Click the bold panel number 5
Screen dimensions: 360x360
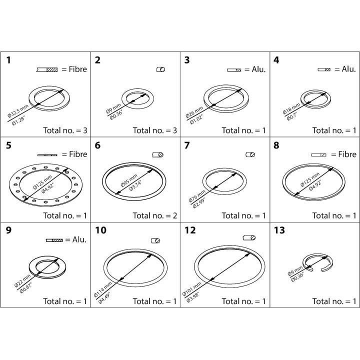point(8,145)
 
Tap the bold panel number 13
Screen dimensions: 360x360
point(279,230)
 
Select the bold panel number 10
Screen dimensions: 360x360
point(100,230)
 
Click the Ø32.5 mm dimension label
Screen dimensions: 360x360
point(18,111)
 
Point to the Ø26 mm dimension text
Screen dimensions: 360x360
point(194,112)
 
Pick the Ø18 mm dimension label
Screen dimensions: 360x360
point(291,108)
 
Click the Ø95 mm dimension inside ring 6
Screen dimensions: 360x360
point(129,180)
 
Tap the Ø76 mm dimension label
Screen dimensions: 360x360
point(197,196)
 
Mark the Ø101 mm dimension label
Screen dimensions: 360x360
point(191,289)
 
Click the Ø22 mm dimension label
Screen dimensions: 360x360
point(22,281)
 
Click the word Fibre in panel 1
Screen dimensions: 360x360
point(78,69)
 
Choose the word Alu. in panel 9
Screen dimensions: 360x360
point(79,239)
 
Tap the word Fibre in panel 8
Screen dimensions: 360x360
point(347,154)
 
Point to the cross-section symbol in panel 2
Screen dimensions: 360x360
point(160,69)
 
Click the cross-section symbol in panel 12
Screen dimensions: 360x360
point(249,238)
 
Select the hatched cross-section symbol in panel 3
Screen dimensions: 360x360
point(234,70)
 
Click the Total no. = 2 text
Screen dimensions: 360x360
point(155,215)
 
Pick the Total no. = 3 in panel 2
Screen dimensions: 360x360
point(155,130)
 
